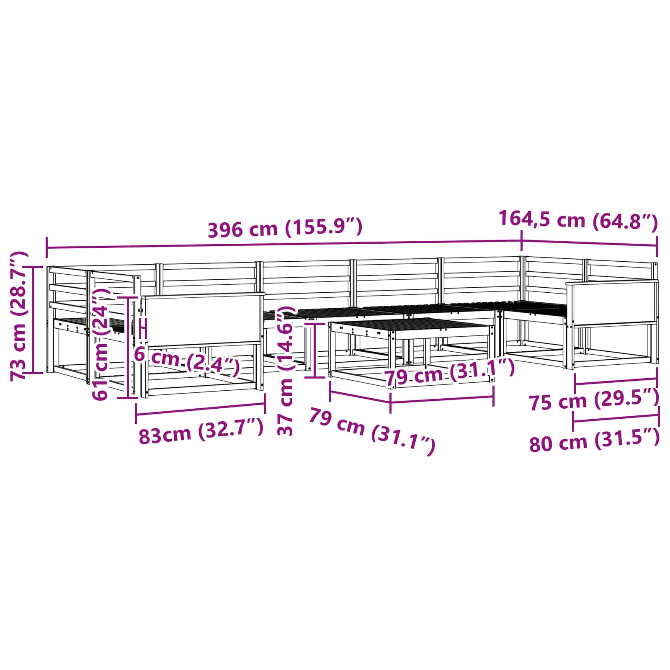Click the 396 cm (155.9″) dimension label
[285, 228]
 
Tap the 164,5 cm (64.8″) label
[578, 220]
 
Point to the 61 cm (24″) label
[101, 343]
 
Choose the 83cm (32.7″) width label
[201, 432]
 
